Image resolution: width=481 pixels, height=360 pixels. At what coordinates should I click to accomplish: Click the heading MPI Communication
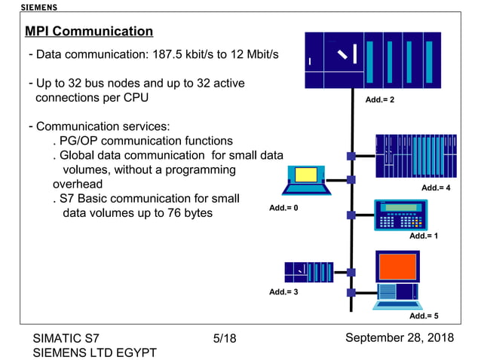[89, 32]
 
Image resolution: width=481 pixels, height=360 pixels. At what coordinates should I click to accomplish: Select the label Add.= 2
[380, 99]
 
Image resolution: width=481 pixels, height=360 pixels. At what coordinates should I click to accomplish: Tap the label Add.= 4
[436, 187]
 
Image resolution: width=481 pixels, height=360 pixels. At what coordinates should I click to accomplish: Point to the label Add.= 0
[284, 207]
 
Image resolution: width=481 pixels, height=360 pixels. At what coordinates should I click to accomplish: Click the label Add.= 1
[424, 236]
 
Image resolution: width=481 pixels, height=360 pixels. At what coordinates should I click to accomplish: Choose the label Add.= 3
[284, 291]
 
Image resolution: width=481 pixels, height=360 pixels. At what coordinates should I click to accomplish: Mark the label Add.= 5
[424, 316]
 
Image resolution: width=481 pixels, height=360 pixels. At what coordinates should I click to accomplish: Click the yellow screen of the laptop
[306, 175]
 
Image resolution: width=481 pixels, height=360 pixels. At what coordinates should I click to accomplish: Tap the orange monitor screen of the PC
[397, 267]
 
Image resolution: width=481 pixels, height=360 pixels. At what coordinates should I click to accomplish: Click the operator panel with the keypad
[400, 215]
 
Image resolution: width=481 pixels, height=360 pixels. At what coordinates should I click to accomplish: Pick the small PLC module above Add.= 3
[308, 271]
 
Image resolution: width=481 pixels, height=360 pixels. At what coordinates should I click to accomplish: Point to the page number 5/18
[225, 339]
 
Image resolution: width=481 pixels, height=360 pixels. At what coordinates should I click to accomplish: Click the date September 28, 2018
[400, 337]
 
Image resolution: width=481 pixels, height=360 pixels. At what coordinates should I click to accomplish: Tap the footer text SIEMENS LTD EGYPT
[94, 352]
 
